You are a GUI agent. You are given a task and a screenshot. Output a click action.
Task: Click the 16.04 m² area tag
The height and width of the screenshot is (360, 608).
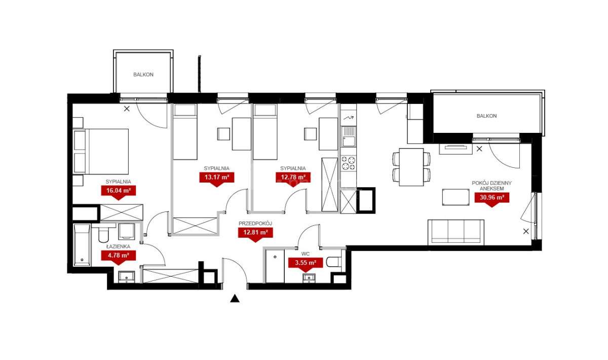click(119, 191)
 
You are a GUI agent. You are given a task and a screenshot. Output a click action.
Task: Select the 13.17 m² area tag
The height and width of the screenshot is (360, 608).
click(217, 177)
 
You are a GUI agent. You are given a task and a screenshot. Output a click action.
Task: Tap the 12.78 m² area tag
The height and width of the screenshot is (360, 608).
click(293, 177)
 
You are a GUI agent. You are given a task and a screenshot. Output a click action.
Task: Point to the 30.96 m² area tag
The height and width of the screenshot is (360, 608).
click(492, 198)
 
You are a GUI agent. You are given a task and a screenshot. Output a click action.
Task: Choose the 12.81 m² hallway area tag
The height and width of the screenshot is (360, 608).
click(255, 233)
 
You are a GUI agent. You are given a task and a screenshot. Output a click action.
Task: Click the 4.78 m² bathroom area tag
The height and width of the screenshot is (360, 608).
click(119, 256)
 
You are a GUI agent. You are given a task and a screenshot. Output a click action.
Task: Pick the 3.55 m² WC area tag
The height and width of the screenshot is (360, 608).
click(306, 263)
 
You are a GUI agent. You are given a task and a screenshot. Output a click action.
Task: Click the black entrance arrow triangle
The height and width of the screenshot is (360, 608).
click(235, 299)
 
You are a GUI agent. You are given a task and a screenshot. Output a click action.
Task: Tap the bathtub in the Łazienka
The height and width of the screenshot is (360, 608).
click(82, 245)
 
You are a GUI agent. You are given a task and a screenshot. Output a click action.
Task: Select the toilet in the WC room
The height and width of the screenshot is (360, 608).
click(335, 262)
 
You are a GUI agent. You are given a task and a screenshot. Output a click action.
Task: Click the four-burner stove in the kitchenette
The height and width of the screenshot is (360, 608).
click(349, 163)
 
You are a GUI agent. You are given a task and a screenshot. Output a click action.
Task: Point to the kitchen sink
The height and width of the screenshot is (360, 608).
click(349, 137)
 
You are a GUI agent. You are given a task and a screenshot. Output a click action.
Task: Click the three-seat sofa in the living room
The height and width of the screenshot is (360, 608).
click(456, 232)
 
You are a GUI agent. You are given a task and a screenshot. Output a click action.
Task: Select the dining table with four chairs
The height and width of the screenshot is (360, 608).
click(411, 167)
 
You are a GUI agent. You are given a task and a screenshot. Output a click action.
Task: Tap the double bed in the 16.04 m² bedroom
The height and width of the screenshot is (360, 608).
click(101, 152)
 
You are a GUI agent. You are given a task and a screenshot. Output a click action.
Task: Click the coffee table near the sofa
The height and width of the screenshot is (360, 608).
click(455, 197)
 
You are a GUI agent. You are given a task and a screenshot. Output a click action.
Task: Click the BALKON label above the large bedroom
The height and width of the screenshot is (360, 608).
click(143, 75)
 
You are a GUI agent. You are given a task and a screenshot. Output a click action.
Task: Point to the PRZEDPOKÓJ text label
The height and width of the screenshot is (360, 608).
click(255, 224)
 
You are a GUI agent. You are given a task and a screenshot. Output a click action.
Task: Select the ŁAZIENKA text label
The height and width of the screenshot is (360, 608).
click(119, 247)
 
